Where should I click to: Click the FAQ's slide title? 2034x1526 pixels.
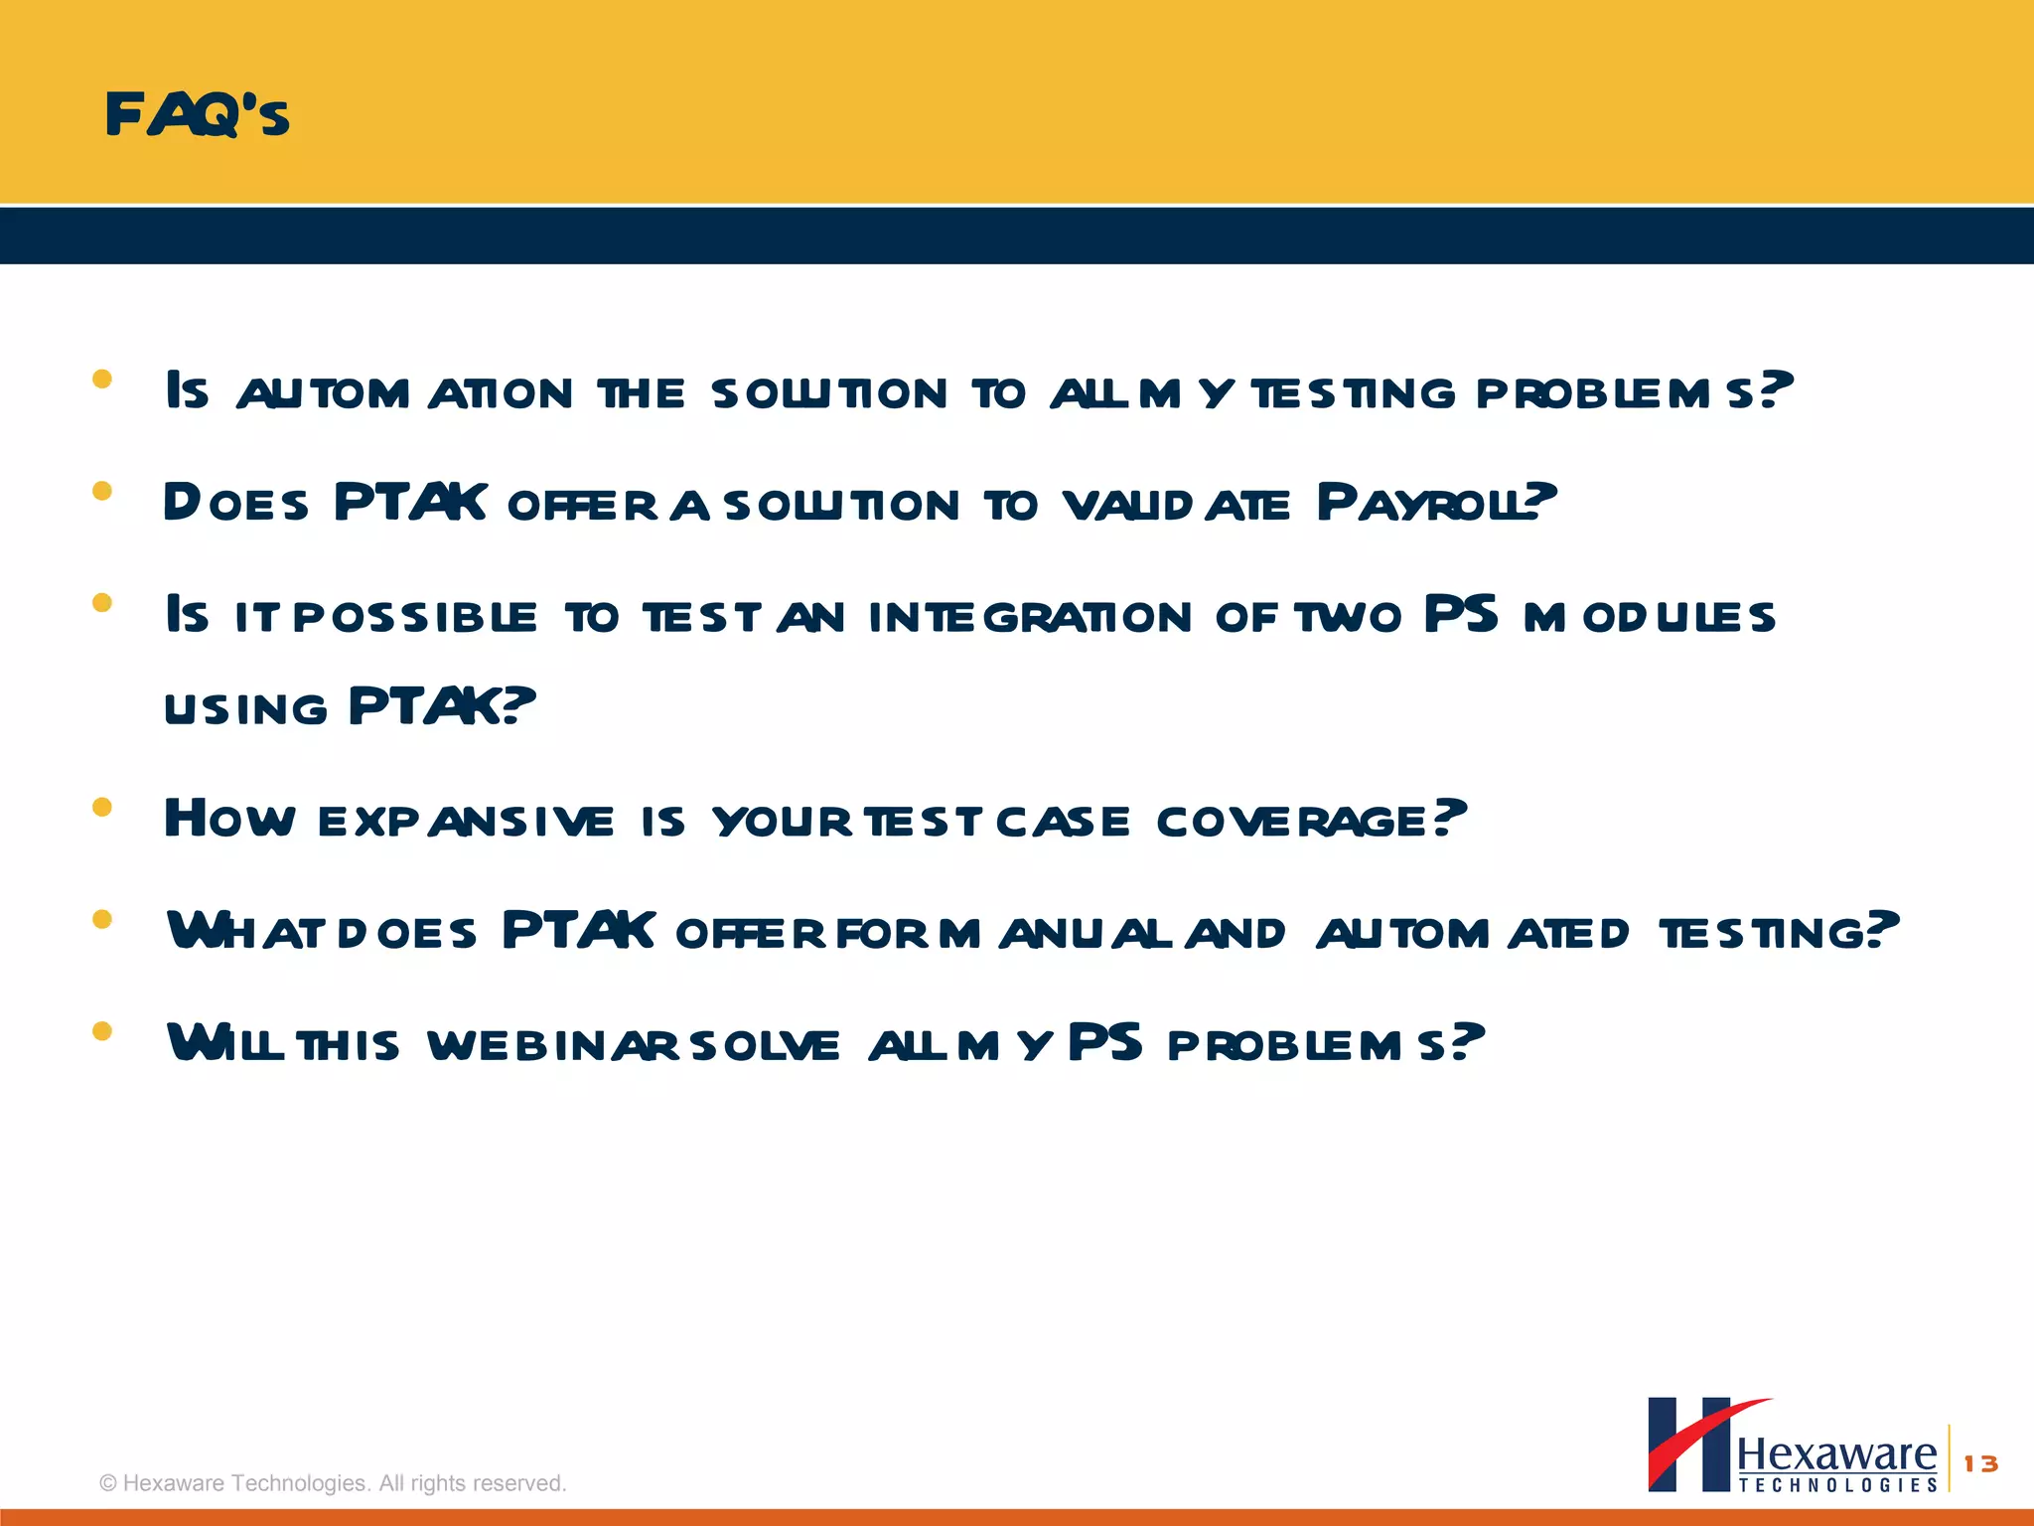[x=197, y=114]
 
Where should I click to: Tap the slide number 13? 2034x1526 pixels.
[x=1980, y=1463]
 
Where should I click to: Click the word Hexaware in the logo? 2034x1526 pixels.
[x=1836, y=1454]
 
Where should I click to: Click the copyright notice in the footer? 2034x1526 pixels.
[x=333, y=1483]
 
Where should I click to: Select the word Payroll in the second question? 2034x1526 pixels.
[x=1435, y=502]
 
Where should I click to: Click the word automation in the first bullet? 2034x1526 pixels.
[x=404, y=393]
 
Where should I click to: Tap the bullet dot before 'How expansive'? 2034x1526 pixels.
[x=101, y=807]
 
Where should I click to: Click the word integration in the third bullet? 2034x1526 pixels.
[x=1030, y=617]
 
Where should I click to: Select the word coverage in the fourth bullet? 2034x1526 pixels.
[x=1310, y=821]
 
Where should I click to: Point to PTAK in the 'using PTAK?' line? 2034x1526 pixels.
[x=441, y=706]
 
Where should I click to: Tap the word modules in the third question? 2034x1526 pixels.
[x=1649, y=617]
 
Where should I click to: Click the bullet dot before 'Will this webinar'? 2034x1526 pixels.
[x=101, y=1031]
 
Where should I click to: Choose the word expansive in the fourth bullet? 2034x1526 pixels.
[x=466, y=822]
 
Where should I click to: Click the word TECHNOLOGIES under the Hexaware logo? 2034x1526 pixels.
[x=1837, y=1485]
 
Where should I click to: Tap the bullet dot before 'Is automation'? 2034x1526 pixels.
[x=101, y=379]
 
